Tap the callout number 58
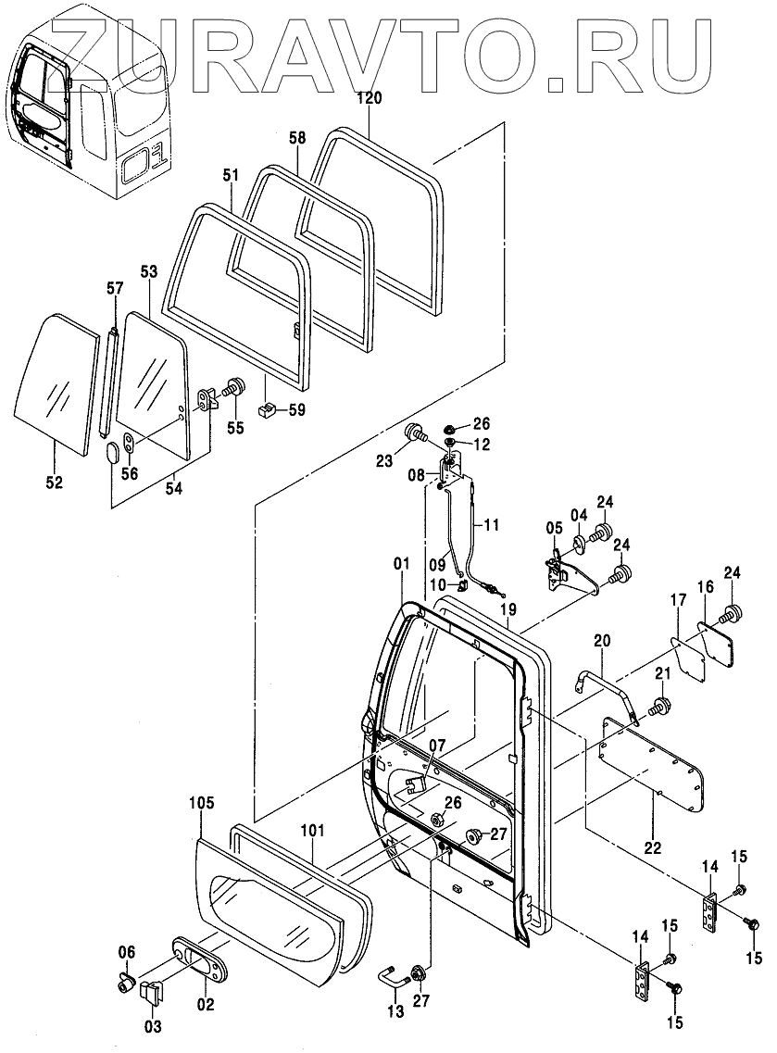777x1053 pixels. click(x=297, y=138)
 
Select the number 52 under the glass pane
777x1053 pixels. click(x=55, y=482)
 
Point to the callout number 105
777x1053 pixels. click(x=202, y=803)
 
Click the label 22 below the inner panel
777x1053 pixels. click(x=652, y=848)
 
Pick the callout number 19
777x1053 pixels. click(x=508, y=609)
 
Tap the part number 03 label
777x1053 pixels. click(x=153, y=1026)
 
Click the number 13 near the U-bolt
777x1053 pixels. click(x=395, y=1011)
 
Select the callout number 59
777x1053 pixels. click(x=296, y=409)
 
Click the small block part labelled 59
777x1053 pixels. click(x=267, y=409)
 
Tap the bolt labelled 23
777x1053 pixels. click(x=415, y=432)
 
